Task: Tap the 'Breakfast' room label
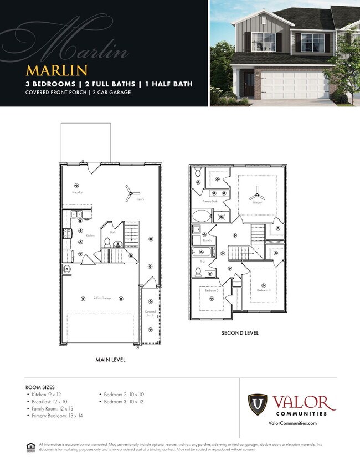point(77,192)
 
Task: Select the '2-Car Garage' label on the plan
point(102,298)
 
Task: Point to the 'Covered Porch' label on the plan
point(150,313)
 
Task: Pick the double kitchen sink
point(75,214)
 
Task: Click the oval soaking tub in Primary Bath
point(200,216)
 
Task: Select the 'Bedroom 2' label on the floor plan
point(211,290)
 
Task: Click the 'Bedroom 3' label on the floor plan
point(264,290)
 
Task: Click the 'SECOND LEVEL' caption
point(240,333)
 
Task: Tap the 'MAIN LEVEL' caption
point(110,360)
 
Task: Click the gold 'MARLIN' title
point(57,70)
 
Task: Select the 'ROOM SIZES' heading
point(40,387)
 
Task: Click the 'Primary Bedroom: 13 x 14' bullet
point(58,415)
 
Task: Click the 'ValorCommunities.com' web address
point(292,423)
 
